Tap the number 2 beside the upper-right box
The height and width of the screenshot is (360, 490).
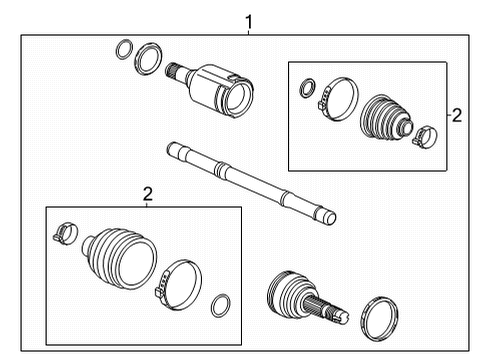(456, 116)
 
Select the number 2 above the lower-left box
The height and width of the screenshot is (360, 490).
(147, 194)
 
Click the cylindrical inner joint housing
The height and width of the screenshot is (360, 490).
(222, 88)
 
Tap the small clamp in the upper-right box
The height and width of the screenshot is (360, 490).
(422, 133)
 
